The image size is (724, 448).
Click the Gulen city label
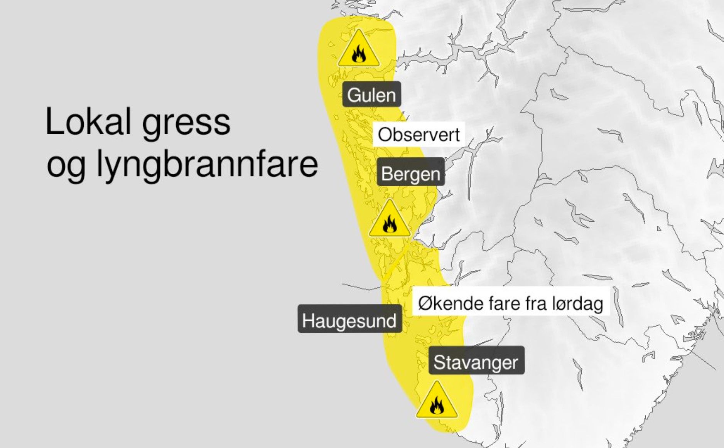pos(371,94)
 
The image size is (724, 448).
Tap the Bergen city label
pos(411,173)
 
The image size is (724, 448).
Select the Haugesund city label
pos(349,320)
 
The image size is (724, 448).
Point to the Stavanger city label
pos(476,362)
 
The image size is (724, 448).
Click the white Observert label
pos(419,135)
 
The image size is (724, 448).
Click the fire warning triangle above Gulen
pos(359,50)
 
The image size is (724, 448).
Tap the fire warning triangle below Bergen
pos(390,221)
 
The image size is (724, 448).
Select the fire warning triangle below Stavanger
pos(437,402)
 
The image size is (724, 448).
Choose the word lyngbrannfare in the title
pos(207,164)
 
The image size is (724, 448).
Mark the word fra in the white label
pos(537,303)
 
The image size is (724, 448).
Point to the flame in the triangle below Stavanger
pos(437,406)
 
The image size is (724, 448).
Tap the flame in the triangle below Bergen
pos(390,224)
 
